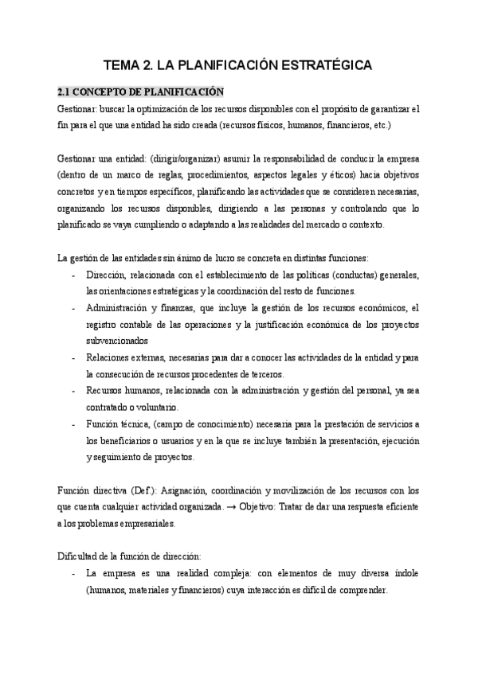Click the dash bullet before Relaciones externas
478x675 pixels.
[73, 357]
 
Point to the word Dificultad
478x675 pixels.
[81, 555]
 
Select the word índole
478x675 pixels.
[405, 572]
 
